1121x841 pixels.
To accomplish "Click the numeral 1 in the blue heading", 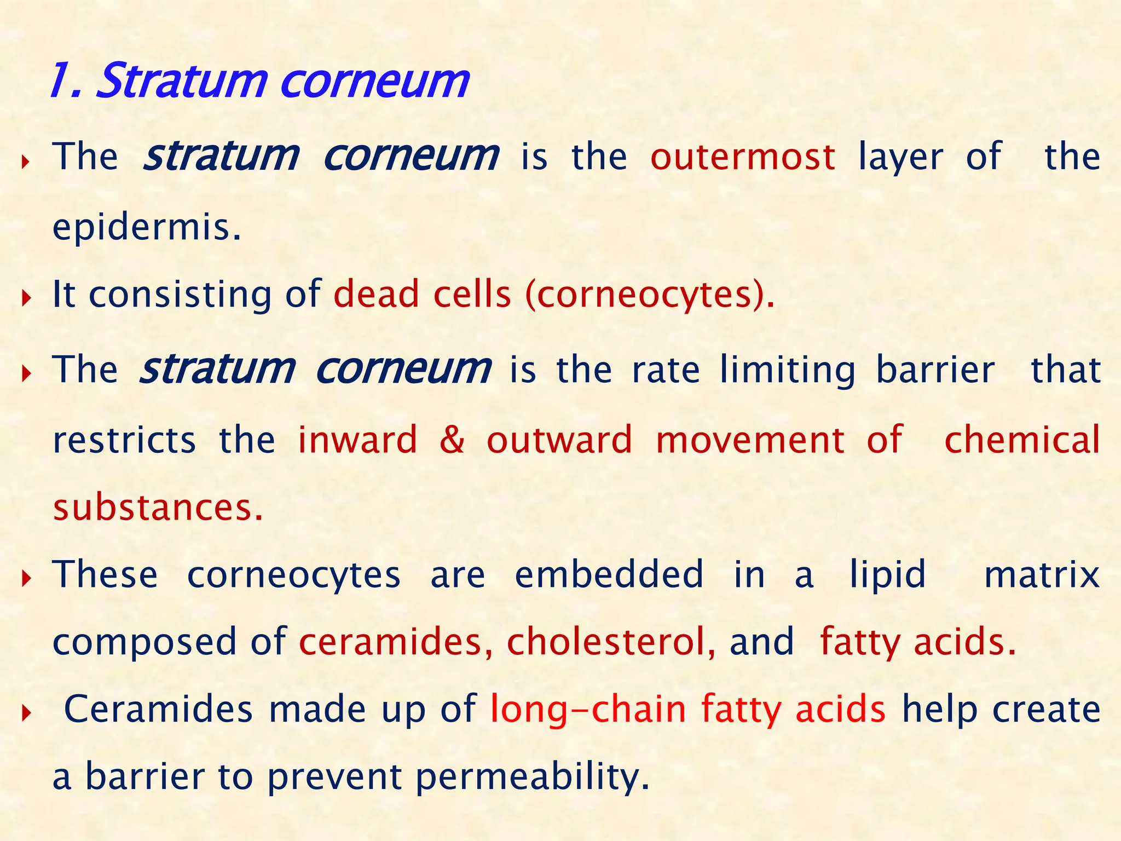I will click(x=61, y=80).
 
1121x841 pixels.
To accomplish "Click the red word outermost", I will click(x=743, y=157).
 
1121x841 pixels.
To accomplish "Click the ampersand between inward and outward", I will click(x=452, y=440).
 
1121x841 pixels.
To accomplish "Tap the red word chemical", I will click(x=1022, y=440).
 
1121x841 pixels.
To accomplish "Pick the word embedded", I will click(x=609, y=574).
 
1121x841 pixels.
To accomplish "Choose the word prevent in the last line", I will click(x=334, y=776).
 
